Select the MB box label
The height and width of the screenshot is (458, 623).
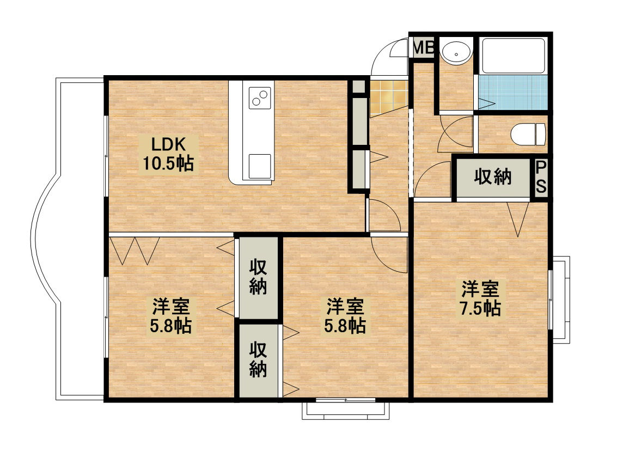click(x=423, y=48)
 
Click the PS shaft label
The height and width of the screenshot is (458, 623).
click(x=541, y=178)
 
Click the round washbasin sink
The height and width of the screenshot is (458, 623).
click(x=456, y=53)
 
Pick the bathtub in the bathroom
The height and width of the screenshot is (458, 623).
click(x=513, y=56)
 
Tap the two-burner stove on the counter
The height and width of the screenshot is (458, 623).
click(x=260, y=98)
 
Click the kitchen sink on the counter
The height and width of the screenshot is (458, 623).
click(x=260, y=166)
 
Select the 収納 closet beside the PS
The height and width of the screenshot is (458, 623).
click(x=493, y=178)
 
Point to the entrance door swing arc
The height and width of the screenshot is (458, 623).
click(x=388, y=57)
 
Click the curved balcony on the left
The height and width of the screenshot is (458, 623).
click(x=49, y=240)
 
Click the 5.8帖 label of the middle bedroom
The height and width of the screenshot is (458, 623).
click(x=345, y=316)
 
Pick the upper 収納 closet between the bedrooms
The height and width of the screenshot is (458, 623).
click(x=258, y=278)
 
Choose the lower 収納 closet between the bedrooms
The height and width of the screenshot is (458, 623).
click(x=258, y=361)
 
